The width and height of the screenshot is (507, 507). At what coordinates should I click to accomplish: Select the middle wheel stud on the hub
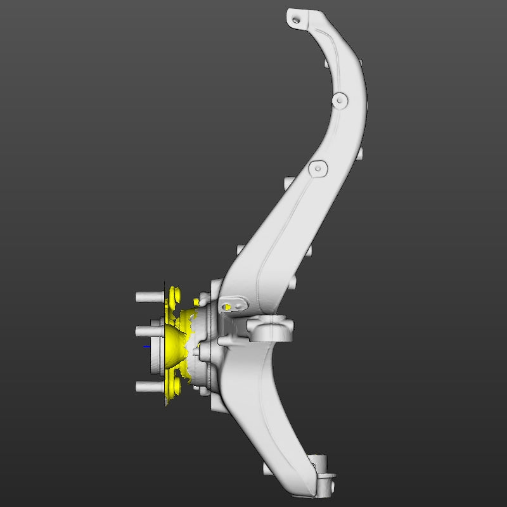[145, 331]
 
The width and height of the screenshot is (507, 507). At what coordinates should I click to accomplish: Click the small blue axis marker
[146, 347]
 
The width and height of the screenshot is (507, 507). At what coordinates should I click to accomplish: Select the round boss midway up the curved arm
[340, 99]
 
